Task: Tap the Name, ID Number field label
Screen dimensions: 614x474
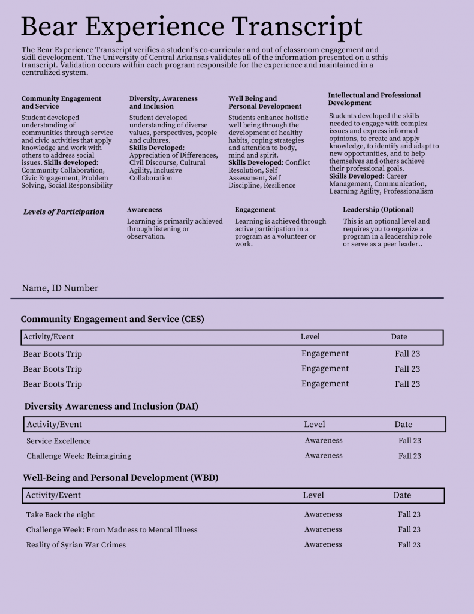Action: (60, 288)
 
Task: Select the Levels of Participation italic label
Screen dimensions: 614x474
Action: (64, 212)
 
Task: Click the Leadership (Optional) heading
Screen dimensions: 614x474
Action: (378, 210)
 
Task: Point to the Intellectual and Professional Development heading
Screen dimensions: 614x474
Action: (374, 99)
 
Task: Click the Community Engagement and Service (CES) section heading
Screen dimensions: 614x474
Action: (112, 319)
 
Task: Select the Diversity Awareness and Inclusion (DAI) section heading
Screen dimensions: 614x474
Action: (111, 407)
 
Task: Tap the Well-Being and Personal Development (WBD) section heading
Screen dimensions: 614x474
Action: (120, 478)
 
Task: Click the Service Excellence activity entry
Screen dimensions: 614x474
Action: (59, 441)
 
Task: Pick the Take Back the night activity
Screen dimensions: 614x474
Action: (60, 515)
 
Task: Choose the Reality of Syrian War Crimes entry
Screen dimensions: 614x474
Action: (76, 545)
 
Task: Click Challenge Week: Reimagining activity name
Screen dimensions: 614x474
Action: (79, 456)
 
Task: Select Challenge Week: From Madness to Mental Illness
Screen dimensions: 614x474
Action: (111, 530)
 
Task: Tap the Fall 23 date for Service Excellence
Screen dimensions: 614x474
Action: (410, 441)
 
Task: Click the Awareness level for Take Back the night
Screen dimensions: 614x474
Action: (323, 514)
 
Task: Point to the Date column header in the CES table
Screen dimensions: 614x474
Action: (399, 337)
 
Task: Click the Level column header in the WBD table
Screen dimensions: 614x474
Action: (313, 495)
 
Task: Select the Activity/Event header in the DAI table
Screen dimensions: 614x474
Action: (54, 425)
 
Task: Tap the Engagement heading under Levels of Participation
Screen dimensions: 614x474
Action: (255, 210)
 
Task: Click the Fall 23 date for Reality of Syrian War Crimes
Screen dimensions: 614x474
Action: (409, 545)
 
